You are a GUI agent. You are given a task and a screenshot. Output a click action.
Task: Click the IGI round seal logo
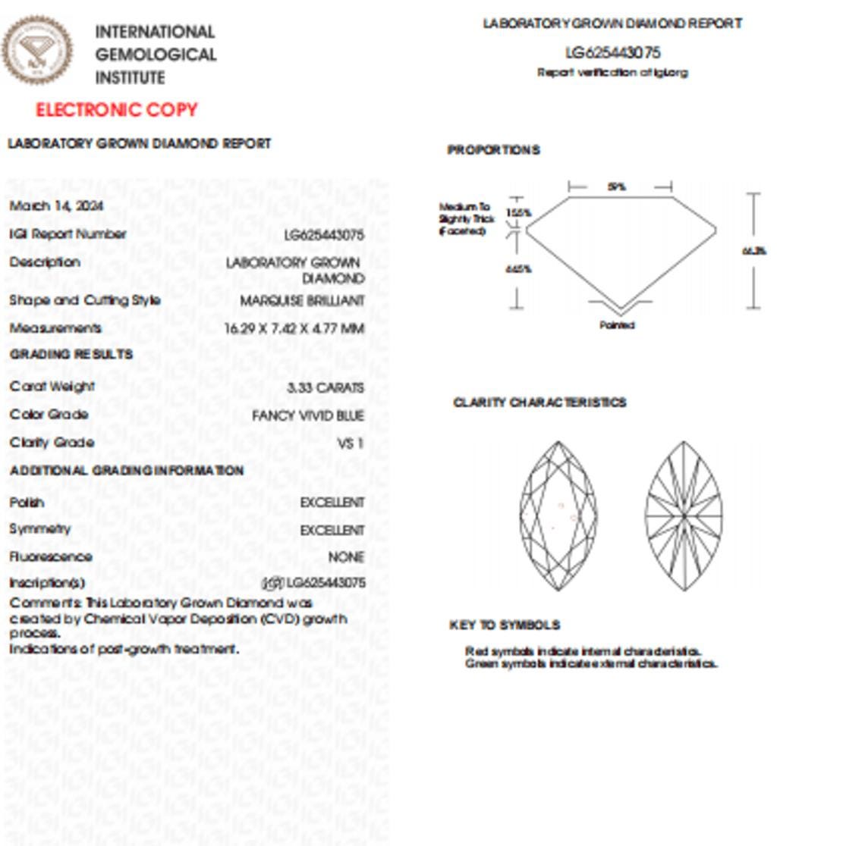click(x=37, y=51)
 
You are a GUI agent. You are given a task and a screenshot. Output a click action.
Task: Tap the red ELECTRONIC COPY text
click(x=117, y=110)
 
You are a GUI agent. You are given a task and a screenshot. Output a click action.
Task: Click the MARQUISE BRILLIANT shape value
click(x=302, y=301)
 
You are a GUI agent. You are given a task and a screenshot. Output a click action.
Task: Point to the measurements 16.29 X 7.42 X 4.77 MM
click(x=294, y=328)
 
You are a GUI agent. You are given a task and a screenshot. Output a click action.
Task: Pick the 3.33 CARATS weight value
click(x=326, y=387)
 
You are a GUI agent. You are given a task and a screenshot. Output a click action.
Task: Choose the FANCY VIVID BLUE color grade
click(x=308, y=415)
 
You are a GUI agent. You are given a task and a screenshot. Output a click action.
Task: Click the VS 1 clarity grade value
click(x=351, y=443)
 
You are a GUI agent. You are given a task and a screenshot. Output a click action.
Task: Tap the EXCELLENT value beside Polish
click(x=332, y=503)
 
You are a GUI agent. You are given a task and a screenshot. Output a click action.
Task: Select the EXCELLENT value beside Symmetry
click(x=332, y=530)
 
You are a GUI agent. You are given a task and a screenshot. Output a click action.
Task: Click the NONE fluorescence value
click(x=346, y=557)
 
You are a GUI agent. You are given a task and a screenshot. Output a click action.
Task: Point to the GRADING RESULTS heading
click(x=71, y=354)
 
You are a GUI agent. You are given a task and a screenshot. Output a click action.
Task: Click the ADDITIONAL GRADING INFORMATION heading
click(x=127, y=471)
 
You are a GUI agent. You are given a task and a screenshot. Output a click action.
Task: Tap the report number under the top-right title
click(x=613, y=52)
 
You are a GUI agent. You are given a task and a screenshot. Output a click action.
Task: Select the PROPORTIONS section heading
click(x=493, y=150)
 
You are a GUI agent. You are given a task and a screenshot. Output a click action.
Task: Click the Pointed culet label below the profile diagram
click(x=617, y=325)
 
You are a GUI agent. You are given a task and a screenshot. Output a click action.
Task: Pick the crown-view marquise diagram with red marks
click(x=558, y=516)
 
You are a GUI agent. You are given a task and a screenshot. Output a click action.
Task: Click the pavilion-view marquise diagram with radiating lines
click(x=684, y=516)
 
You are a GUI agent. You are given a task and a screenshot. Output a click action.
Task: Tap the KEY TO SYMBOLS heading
click(x=505, y=625)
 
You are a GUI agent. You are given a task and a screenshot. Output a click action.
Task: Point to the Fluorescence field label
click(x=51, y=557)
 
